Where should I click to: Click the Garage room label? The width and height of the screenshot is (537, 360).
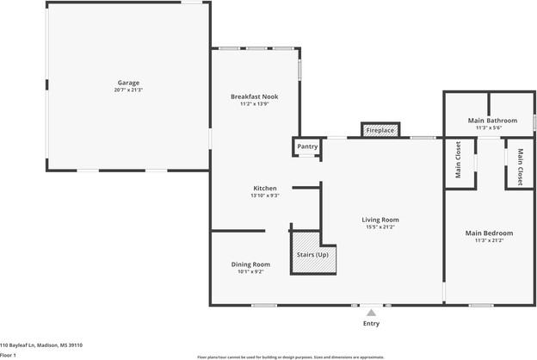click(128, 83)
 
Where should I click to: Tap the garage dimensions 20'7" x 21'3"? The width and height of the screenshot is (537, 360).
click(128, 90)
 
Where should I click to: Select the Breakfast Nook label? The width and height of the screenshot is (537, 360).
click(256, 96)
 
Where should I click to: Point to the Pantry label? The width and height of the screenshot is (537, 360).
click(307, 146)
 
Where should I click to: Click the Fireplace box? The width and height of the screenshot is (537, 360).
click(380, 130)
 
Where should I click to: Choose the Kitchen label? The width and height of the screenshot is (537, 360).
click(264, 188)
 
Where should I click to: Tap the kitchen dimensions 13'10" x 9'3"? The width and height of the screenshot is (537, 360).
click(264, 196)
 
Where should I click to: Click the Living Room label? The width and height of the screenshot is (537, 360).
click(380, 220)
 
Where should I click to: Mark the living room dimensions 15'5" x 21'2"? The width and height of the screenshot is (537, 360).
click(380, 227)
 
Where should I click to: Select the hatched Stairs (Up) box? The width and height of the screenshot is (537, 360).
click(312, 255)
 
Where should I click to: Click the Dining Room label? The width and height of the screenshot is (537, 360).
click(250, 264)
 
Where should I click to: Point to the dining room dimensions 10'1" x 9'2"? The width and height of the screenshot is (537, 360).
click(250, 271)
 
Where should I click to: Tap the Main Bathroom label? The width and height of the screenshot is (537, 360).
click(492, 121)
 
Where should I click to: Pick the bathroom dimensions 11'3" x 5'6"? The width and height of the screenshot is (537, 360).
click(492, 127)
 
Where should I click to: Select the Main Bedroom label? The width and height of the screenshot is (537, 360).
click(489, 233)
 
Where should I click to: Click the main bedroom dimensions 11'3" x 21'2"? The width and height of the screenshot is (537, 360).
click(489, 240)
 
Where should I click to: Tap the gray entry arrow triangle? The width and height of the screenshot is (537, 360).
click(371, 313)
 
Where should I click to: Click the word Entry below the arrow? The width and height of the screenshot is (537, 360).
click(371, 324)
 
